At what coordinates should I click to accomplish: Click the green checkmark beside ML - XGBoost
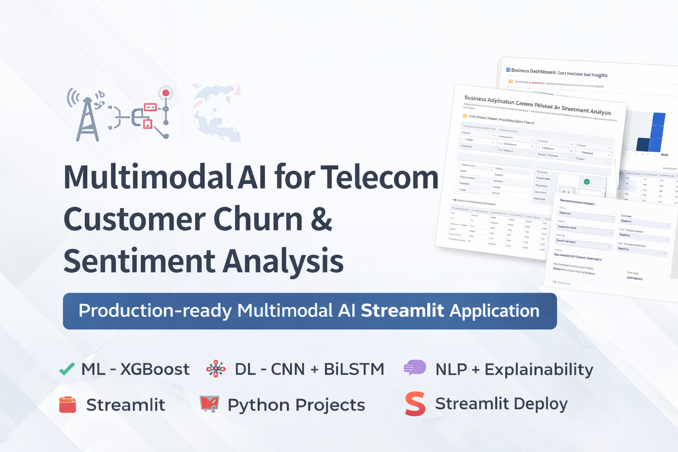point(67,369)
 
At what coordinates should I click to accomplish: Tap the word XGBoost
point(154,369)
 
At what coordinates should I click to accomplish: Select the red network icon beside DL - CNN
point(216,369)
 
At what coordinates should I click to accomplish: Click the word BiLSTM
point(354,369)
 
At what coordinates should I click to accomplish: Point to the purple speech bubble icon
point(415,368)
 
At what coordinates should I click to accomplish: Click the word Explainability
point(539,370)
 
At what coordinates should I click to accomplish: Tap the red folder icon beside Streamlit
point(68,405)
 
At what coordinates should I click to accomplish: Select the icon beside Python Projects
point(209,403)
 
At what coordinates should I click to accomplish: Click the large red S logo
point(415,404)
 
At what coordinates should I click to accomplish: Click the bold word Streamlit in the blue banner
point(402,311)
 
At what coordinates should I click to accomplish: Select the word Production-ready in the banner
point(155,311)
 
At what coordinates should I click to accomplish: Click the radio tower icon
point(87,117)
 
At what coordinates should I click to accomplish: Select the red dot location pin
point(166,93)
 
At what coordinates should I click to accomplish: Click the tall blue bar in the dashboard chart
point(658,132)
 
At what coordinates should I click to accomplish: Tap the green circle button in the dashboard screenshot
point(587,182)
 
